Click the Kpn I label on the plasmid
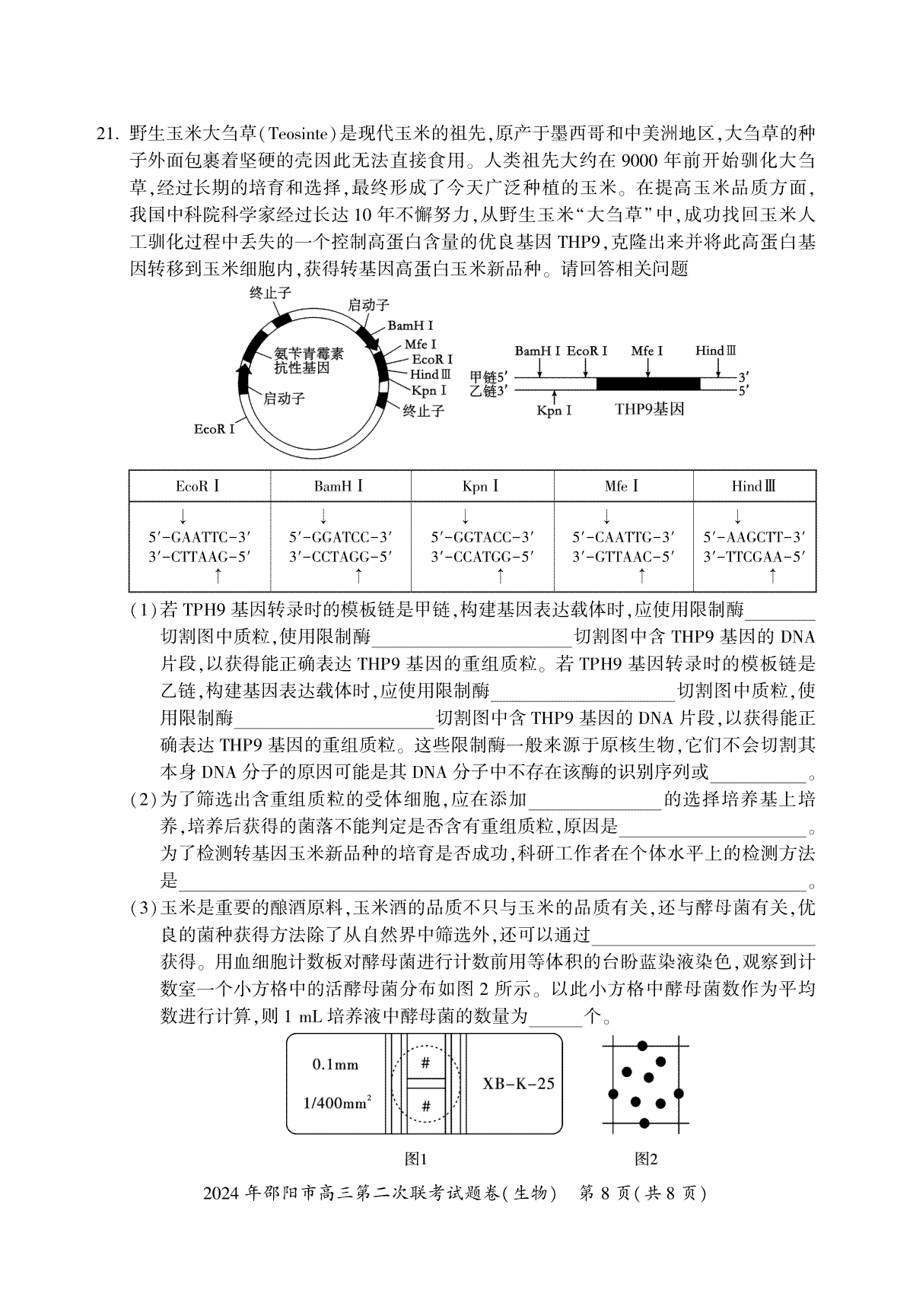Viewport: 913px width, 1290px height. (x=429, y=390)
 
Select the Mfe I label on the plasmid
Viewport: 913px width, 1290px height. (x=421, y=345)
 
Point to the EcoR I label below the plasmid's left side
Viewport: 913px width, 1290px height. (x=215, y=429)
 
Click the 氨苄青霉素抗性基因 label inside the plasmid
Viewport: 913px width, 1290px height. (x=309, y=361)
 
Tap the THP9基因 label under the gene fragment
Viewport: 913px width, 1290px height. (x=650, y=409)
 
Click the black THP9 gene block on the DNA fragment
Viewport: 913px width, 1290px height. (x=647, y=383)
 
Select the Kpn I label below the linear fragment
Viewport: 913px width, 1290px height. (x=554, y=411)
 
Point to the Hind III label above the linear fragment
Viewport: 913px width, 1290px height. (x=716, y=351)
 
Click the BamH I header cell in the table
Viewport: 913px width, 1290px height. (x=339, y=486)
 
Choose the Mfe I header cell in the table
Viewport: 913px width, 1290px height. (x=622, y=486)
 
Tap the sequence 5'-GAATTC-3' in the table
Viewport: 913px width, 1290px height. (x=199, y=537)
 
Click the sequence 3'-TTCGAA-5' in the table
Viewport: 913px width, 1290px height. (x=754, y=557)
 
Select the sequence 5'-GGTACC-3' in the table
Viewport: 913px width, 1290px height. (x=482, y=537)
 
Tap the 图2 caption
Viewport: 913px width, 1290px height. (x=646, y=1159)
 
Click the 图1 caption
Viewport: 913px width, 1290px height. (x=416, y=1159)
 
